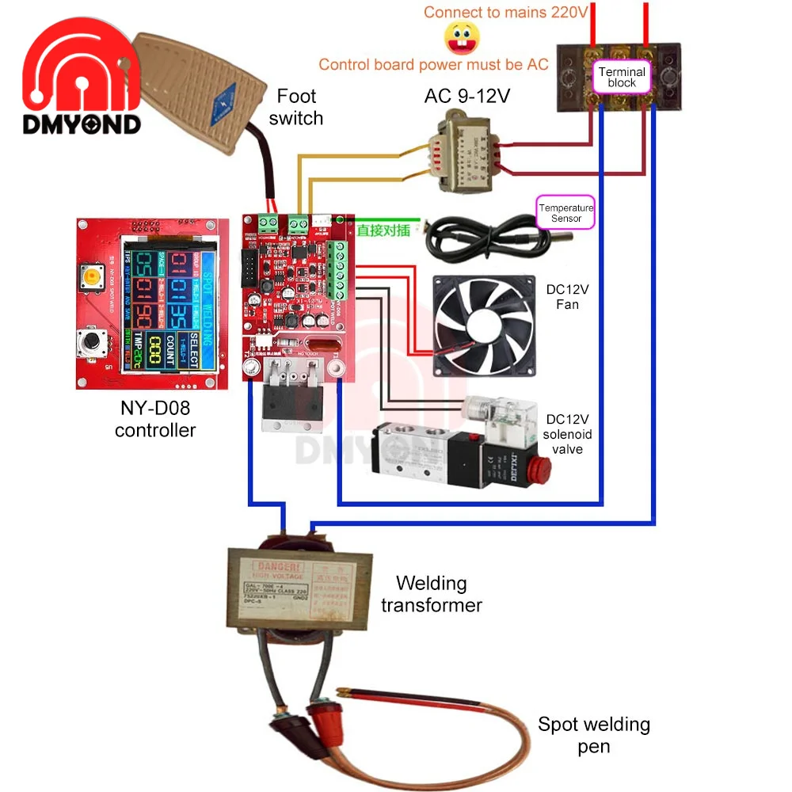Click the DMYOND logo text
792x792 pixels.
point(82,124)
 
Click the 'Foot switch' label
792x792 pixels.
point(296,107)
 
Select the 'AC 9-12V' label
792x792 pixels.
point(467,96)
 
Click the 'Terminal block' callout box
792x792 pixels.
point(622,77)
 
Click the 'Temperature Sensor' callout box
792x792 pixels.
point(565,213)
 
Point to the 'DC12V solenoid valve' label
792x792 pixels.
point(568,434)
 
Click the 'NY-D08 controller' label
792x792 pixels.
point(154,420)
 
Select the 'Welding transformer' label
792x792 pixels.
point(432,594)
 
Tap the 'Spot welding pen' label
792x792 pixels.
point(593,734)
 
